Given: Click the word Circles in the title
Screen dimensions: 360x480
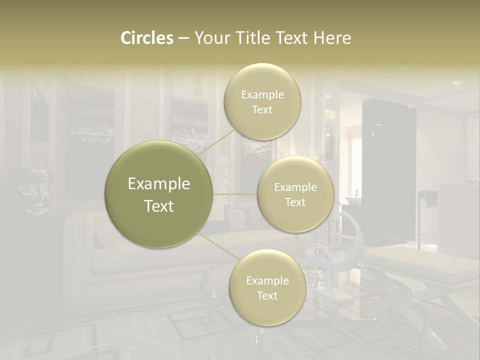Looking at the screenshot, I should pos(147,38).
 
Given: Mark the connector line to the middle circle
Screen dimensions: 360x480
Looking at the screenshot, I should pos(235,194).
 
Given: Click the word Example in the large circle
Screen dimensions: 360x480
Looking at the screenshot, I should pos(159,184).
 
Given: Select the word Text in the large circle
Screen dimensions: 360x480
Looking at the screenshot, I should pos(159,206).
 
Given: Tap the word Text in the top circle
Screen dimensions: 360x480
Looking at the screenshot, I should pos(262,110).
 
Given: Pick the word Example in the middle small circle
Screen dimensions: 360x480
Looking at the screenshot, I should pos(295,187).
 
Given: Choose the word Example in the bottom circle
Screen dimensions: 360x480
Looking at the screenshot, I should pos(267,281).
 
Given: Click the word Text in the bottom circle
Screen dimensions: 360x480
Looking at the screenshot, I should pos(267,296).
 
